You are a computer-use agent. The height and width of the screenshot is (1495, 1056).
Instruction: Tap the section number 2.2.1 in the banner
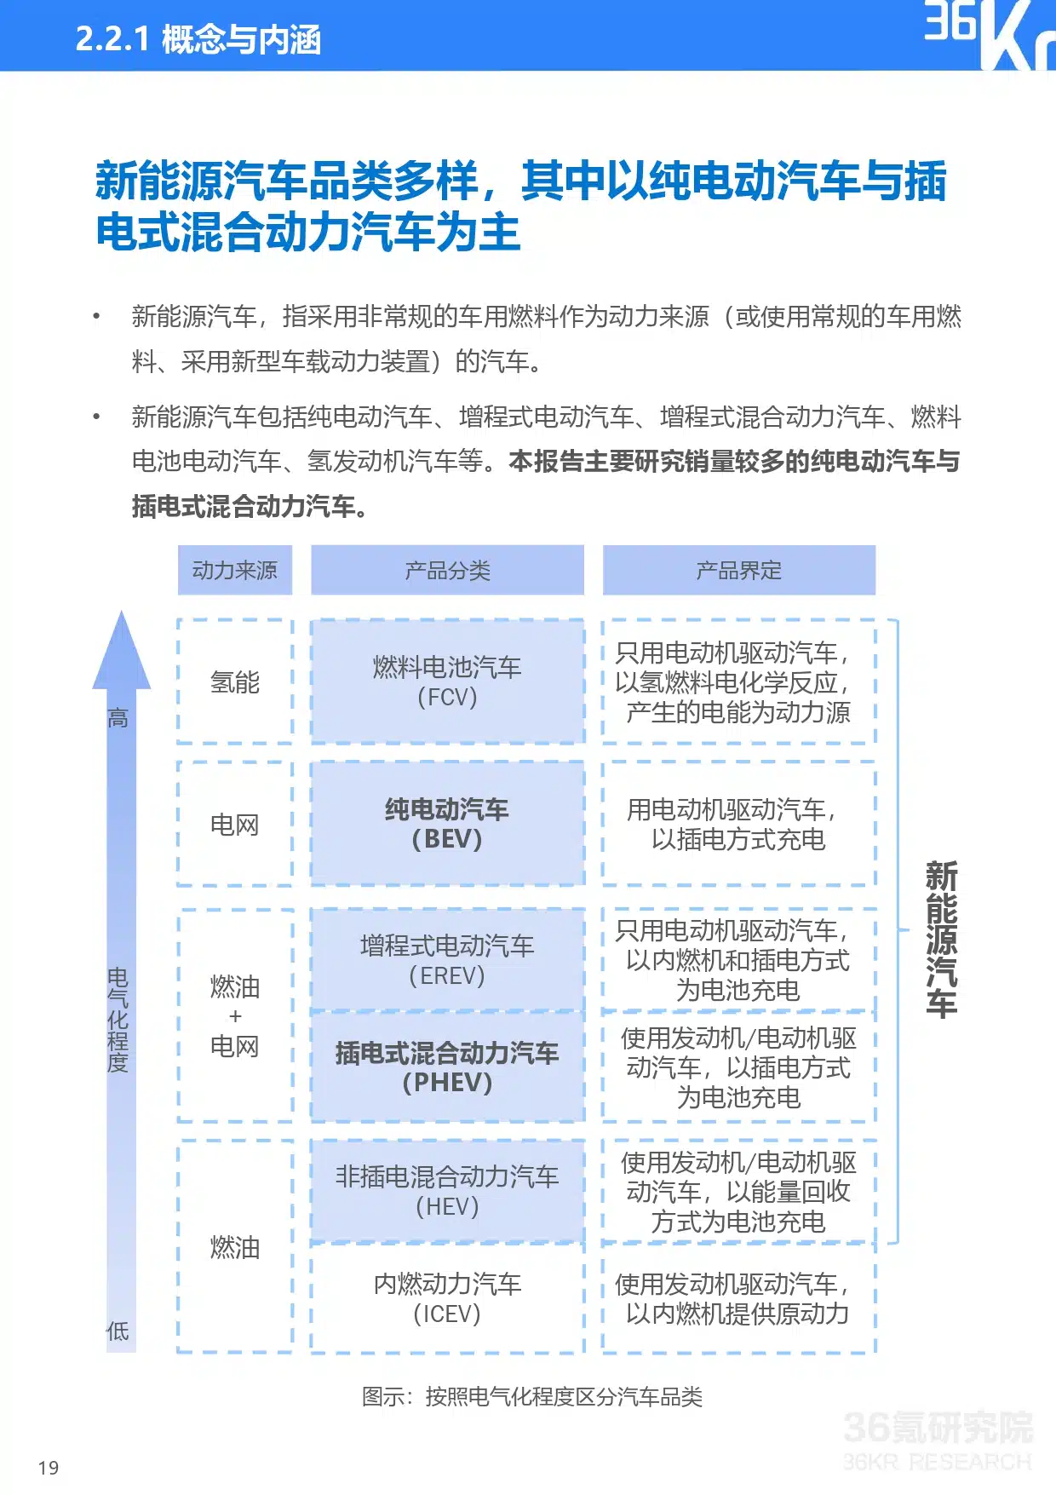(112, 39)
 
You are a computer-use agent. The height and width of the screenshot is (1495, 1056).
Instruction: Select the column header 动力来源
(235, 570)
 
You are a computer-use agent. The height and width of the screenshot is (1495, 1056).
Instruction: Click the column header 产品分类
(448, 570)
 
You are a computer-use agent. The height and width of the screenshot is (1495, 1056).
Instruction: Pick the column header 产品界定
(739, 570)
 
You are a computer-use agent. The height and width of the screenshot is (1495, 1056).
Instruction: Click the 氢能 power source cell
(235, 681)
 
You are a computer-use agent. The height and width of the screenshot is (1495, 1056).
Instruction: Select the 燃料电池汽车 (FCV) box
(448, 681)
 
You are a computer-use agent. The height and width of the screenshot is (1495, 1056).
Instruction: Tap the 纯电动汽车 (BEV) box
(448, 824)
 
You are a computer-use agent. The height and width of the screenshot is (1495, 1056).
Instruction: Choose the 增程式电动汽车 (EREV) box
(448, 960)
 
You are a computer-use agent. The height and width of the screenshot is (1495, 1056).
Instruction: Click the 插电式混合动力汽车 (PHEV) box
(448, 1067)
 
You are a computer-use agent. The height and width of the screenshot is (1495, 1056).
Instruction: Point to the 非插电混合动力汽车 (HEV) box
(448, 1192)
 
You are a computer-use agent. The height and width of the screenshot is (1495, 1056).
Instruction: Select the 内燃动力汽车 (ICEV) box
(448, 1298)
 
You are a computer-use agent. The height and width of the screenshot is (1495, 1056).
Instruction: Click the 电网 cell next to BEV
(235, 824)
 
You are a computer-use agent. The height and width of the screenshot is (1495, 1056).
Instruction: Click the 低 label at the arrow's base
(118, 1331)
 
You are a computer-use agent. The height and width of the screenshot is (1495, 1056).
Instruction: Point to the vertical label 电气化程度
(118, 1020)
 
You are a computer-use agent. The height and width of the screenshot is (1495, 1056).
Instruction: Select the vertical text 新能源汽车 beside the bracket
(942, 939)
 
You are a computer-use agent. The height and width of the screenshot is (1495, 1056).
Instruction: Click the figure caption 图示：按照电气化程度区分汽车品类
(532, 1397)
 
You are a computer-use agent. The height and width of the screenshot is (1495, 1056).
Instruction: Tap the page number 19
(49, 1468)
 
